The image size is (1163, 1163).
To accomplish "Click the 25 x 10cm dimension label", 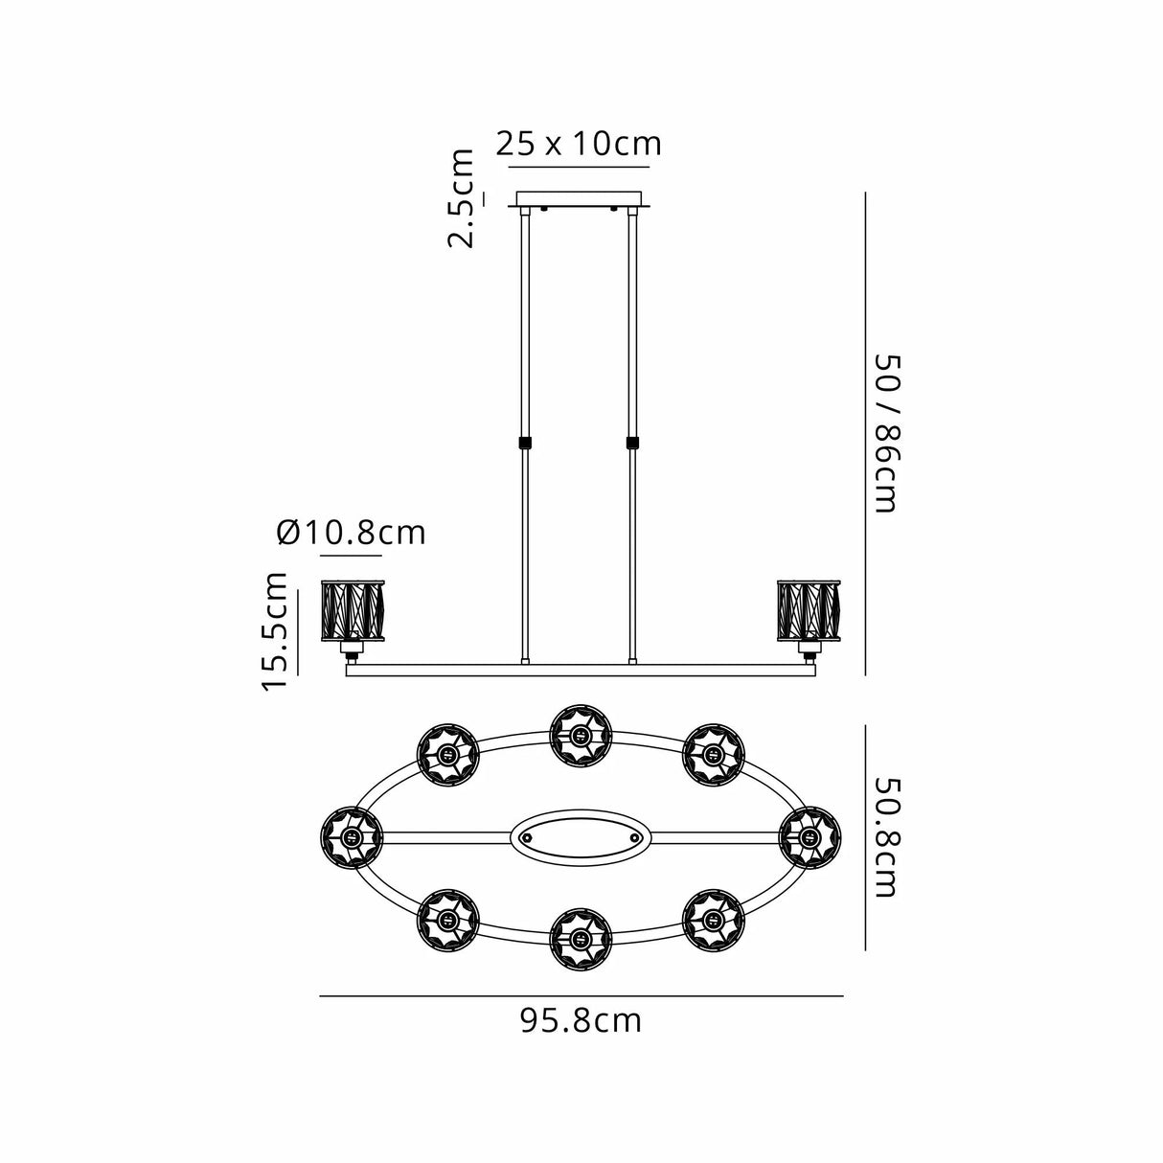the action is coord(579,145).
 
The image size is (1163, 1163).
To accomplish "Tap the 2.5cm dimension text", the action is coord(461,198).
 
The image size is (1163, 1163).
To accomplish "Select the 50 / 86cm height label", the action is coord(887,433).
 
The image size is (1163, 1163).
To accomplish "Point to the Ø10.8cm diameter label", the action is coord(352,533).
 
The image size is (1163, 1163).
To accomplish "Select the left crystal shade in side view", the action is coord(352,611).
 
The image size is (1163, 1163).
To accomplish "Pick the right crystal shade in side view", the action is coord(809,611).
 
